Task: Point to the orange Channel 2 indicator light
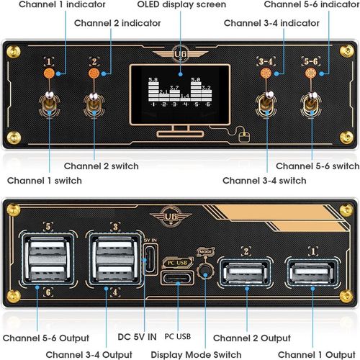[93, 73]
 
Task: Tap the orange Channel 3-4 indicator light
[266, 73]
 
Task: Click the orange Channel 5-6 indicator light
[311, 73]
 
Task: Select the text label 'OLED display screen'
[181, 5]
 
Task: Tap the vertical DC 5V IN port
[150, 258]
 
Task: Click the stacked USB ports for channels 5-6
[46, 260]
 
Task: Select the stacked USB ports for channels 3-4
[112, 260]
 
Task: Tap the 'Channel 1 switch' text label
[44, 180]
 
